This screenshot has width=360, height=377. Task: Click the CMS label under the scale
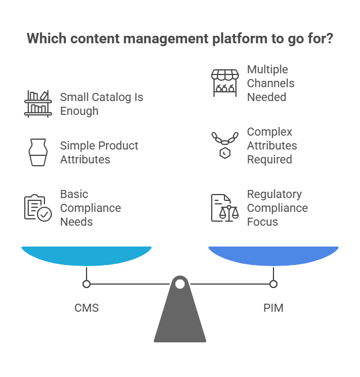(x=87, y=308)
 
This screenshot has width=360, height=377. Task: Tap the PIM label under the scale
(x=273, y=308)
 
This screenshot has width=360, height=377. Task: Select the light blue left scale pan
(x=87, y=255)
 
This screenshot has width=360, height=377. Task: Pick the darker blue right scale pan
(x=273, y=255)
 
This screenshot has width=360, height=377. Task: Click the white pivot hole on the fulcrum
(x=180, y=284)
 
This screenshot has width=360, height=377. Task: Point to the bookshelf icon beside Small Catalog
(x=38, y=103)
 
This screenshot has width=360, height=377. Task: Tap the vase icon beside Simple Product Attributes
(x=38, y=152)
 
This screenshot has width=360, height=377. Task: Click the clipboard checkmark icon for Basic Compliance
(x=38, y=208)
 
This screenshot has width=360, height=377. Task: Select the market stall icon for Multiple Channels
(x=224, y=83)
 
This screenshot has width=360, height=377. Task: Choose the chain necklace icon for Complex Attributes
(x=224, y=145)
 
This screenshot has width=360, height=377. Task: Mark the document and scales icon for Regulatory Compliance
(x=224, y=208)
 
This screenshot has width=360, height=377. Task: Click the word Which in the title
(x=44, y=39)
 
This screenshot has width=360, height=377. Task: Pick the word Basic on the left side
(x=74, y=194)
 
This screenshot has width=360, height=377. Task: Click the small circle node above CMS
(x=87, y=284)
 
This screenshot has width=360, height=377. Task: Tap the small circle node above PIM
(x=273, y=284)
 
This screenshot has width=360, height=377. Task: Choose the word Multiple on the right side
(x=268, y=69)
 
